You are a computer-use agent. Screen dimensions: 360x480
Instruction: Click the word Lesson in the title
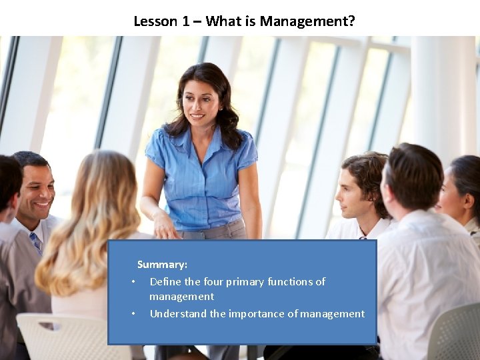(155, 21)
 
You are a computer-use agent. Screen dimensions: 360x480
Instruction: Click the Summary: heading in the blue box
(162, 265)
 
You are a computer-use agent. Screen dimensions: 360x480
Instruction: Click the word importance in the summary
(256, 313)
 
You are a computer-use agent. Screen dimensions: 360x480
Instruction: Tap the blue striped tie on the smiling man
(36, 241)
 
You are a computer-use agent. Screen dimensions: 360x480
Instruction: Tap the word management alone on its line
(181, 297)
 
